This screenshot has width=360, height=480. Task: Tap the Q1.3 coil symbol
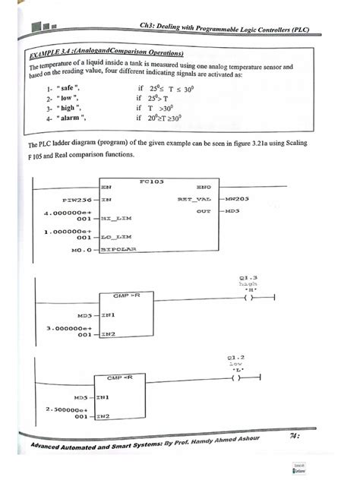click(x=248, y=298)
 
